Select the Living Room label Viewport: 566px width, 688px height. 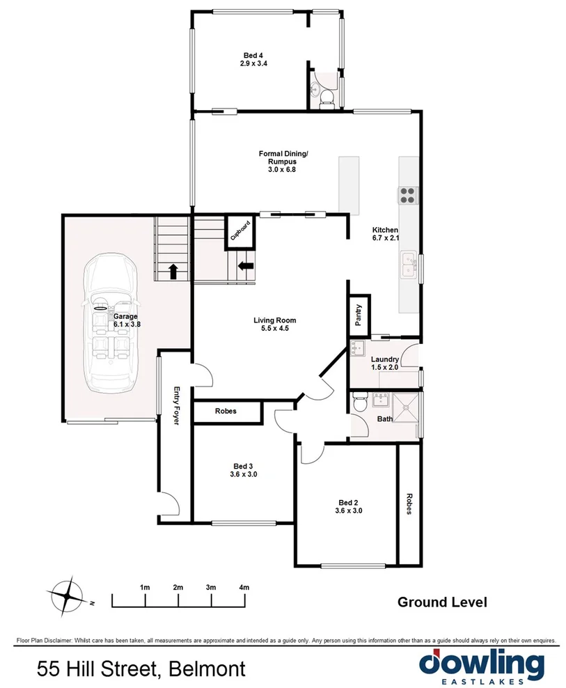click(x=271, y=321)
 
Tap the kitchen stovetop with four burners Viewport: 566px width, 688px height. click(x=407, y=195)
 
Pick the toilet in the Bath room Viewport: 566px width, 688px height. click(x=359, y=402)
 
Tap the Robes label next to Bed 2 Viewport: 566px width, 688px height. click(x=408, y=504)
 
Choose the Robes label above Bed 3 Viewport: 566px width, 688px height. click(x=226, y=412)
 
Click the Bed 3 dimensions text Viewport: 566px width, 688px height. click(x=244, y=475)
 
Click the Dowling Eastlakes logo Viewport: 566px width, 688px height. click(x=482, y=666)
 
